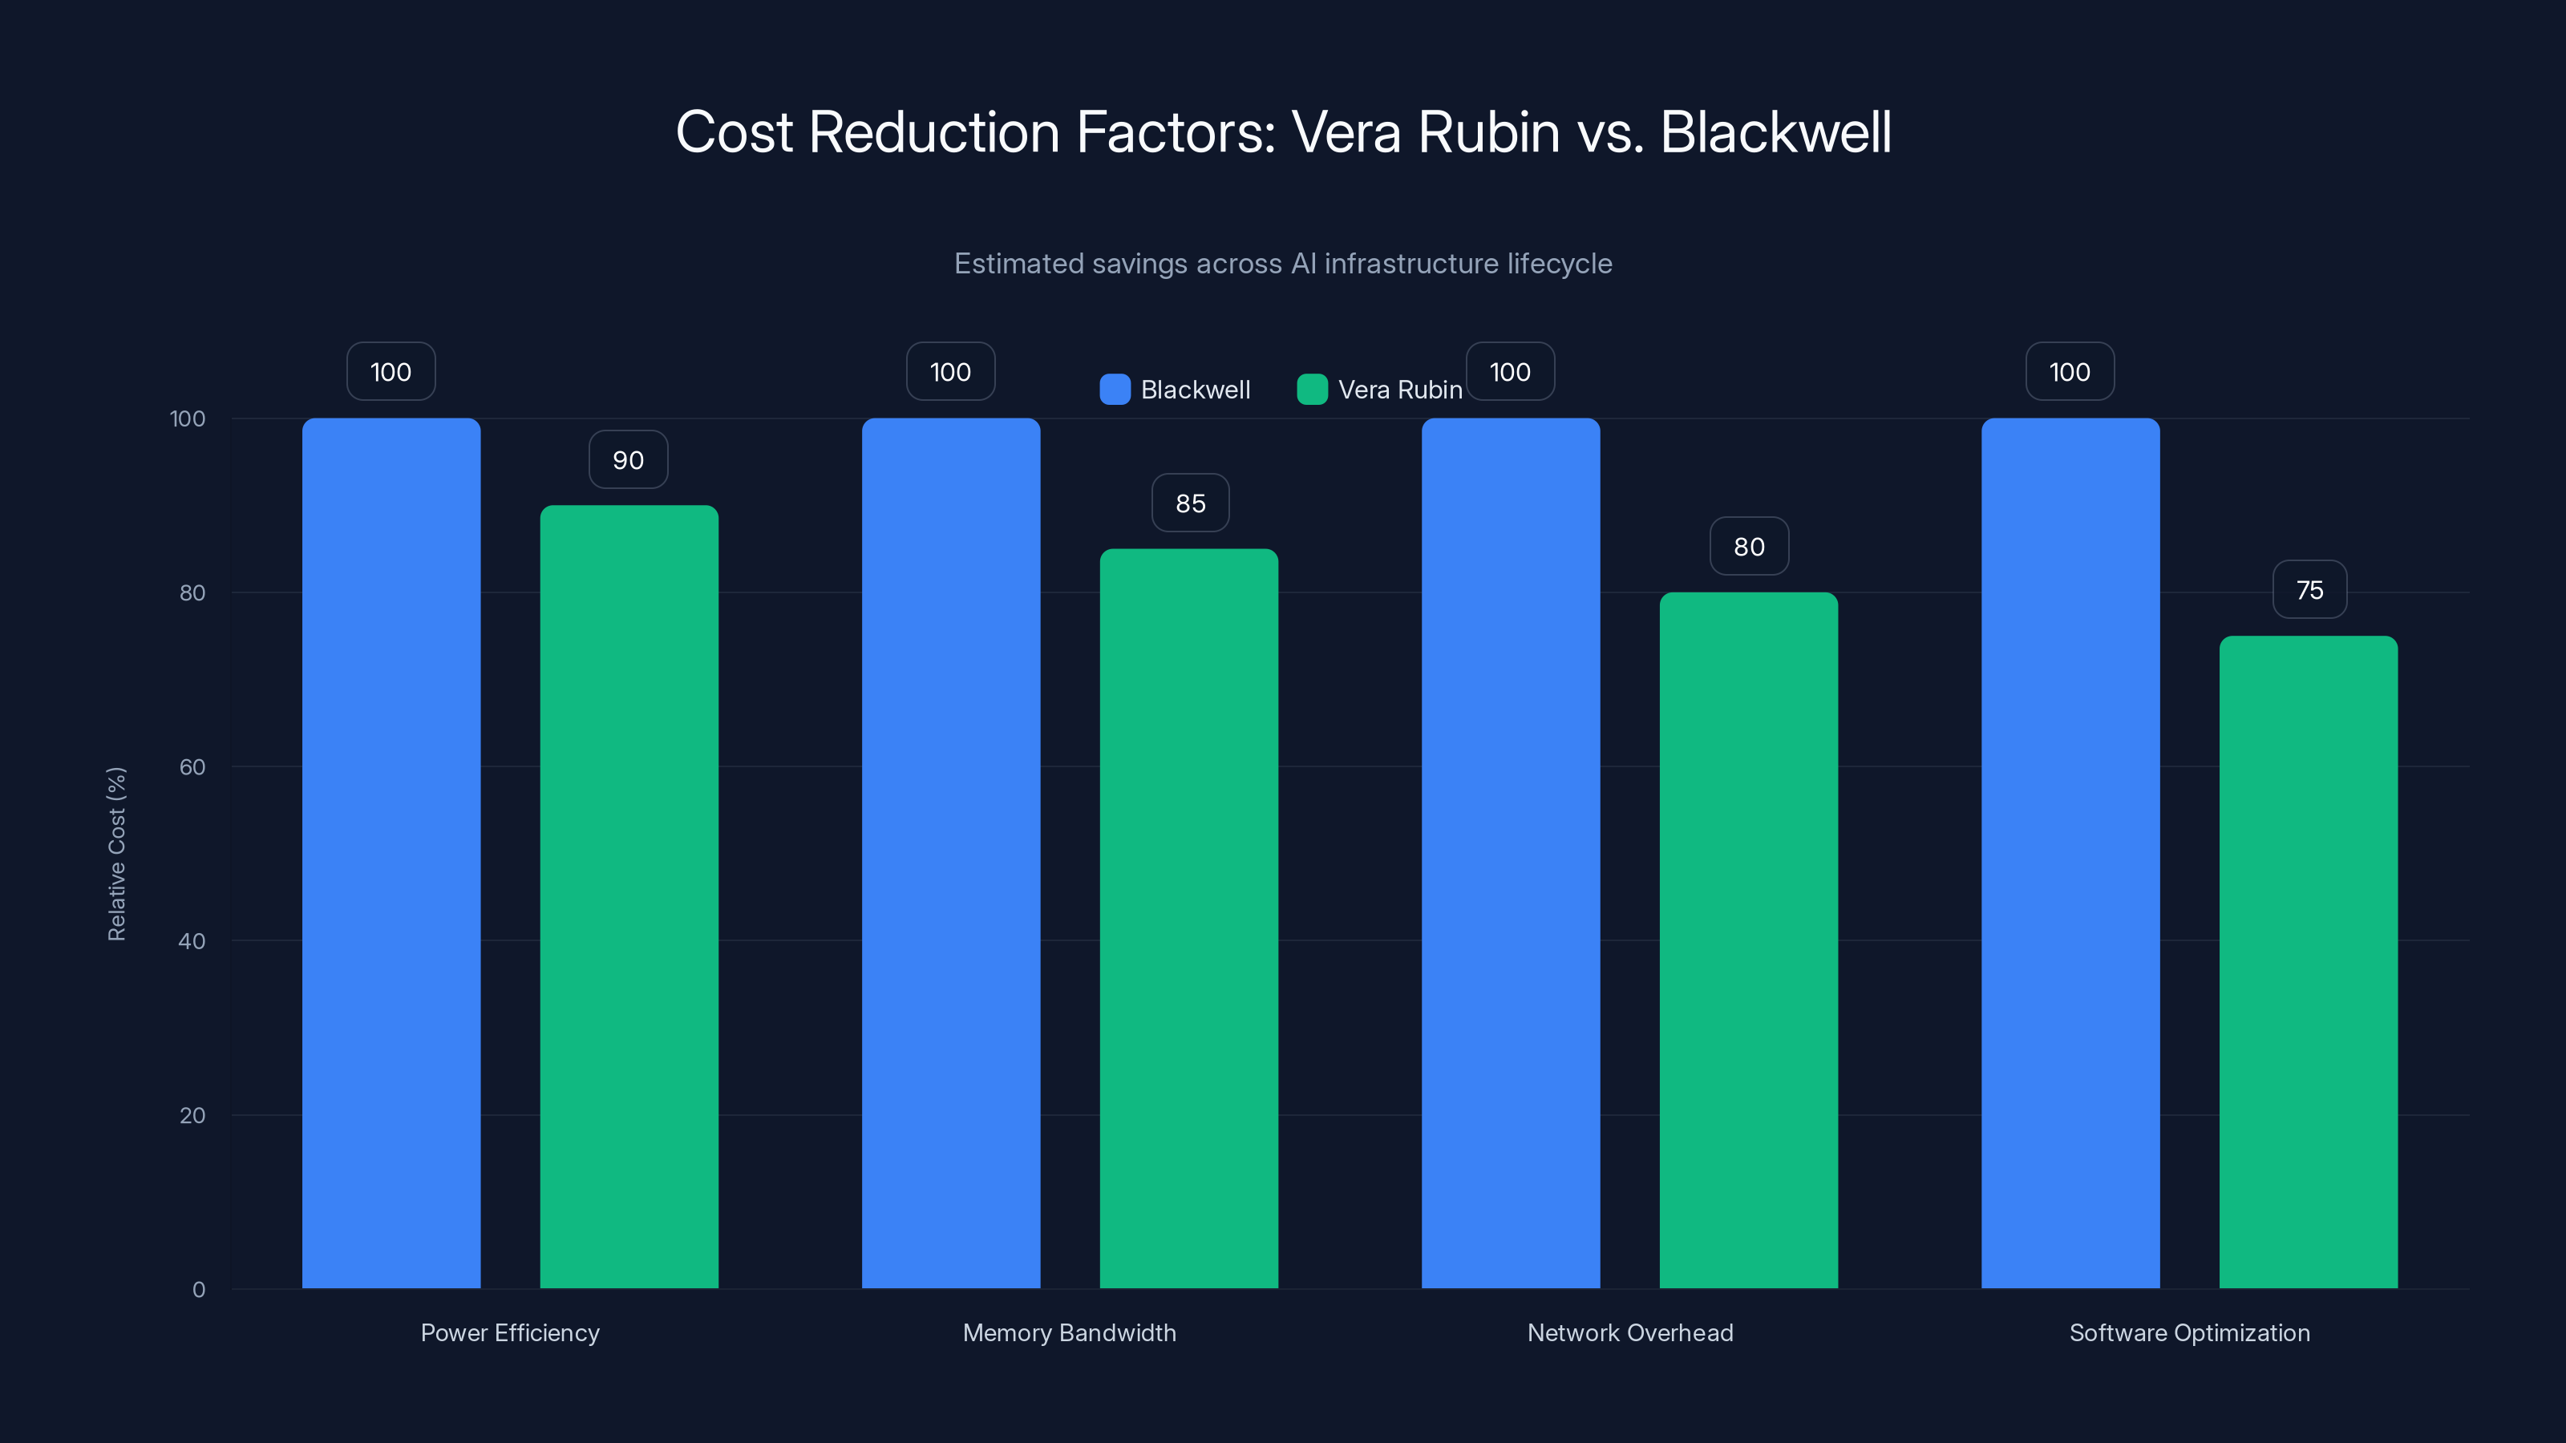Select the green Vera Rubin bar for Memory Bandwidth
1188,917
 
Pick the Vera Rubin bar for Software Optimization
2308,961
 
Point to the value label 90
628,460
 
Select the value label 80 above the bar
1748,547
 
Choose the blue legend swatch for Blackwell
1115,390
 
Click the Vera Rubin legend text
1399,390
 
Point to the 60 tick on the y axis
192,767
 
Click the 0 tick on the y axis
198,1290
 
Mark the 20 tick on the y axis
192,1115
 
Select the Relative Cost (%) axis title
116,854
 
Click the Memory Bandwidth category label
1069,1332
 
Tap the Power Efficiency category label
509,1332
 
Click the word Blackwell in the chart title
1775,132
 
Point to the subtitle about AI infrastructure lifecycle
1282,264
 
